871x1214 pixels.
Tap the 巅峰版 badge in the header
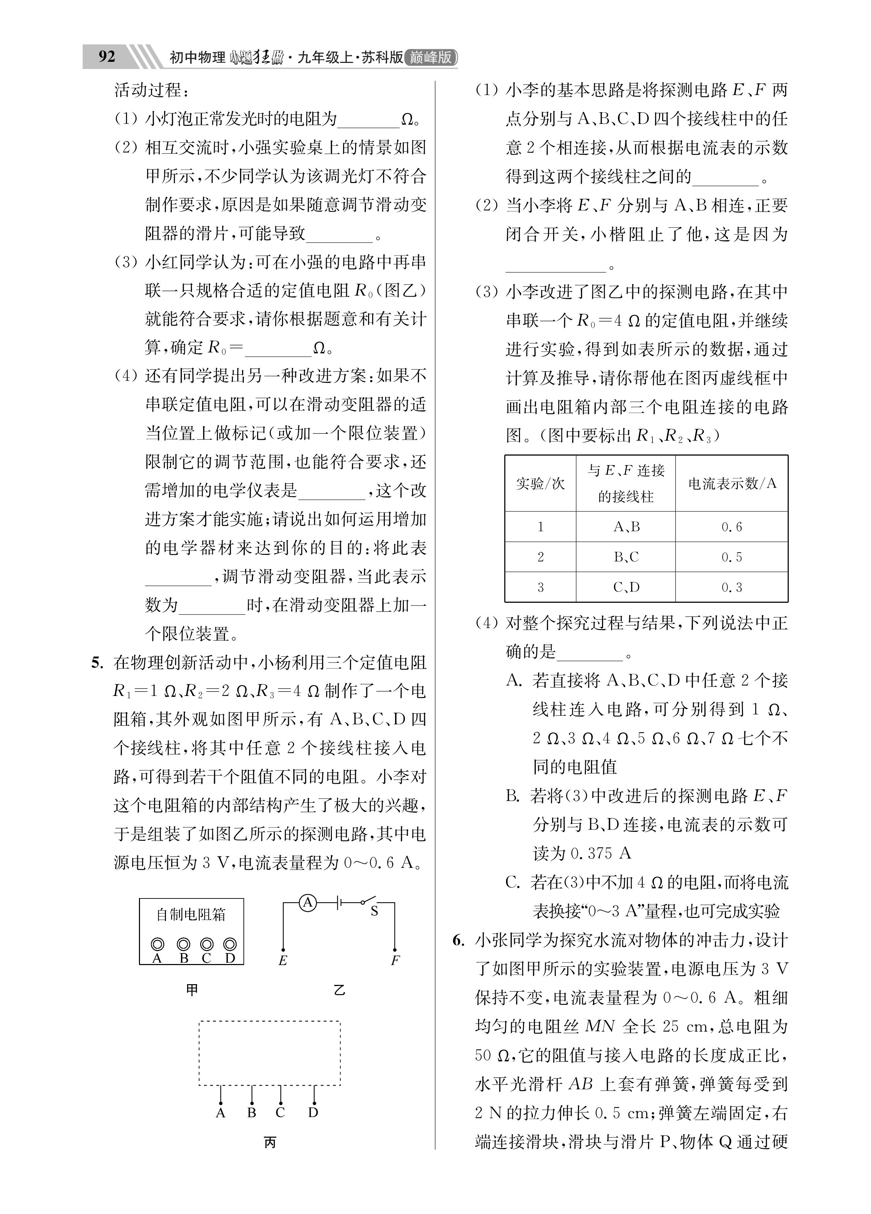tap(431, 57)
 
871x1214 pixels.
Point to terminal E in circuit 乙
tap(283, 961)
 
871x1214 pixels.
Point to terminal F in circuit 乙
tap(395, 961)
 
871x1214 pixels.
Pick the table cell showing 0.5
tap(731, 557)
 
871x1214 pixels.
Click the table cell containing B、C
tap(626, 557)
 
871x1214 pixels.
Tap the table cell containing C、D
tap(626, 588)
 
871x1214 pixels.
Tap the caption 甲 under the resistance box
tap(192, 990)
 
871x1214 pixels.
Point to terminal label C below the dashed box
tap(280, 1113)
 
